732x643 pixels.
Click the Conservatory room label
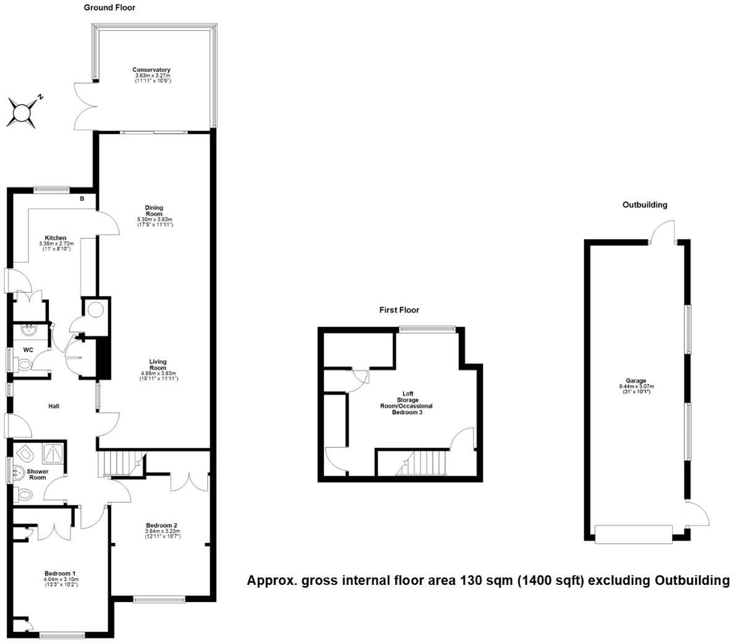click(151, 70)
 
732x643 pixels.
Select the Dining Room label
click(155, 211)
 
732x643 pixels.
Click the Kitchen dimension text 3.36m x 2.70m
click(56, 244)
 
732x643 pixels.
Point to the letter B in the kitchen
click(82, 199)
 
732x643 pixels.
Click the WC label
click(28, 350)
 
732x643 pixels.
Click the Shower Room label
click(38, 474)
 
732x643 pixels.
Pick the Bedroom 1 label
click(59, 573)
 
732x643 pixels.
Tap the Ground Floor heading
click(109, 8)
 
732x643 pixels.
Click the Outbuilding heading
click(645, 205)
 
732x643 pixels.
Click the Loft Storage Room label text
click(408, 400)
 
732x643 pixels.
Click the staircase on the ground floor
click(121, 463)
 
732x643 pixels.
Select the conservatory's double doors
click(83, 105)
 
